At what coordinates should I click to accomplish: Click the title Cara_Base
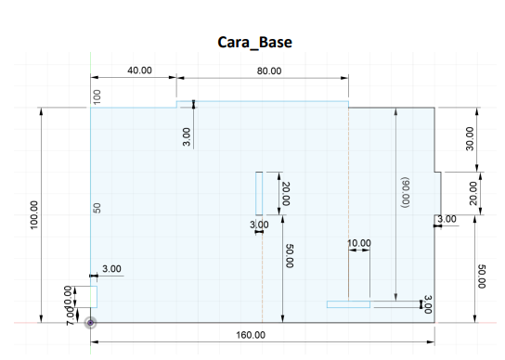pyautogui.click(x=254, y=43)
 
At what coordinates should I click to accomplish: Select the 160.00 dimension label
pyautogui.click(x=251, y=335)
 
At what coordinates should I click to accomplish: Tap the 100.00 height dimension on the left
pyautogui.click(x=33, y=214)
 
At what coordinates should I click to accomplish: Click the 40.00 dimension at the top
pyautogui.click(x=139, y=71)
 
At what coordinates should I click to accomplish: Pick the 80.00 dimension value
pyautogui.click(x=269, y=71)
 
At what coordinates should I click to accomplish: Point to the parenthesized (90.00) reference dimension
pyautogui.click(x=405, y=192)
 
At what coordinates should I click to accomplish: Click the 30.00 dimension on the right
pyautogui.click(x=470, y=139)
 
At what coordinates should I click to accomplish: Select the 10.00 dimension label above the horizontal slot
pyautogui.click(x=359, y=243)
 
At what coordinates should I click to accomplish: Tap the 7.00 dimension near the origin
pyautogui.click(x=71, y=315)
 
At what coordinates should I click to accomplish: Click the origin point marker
pyautogui.click(x=90, y=322)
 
